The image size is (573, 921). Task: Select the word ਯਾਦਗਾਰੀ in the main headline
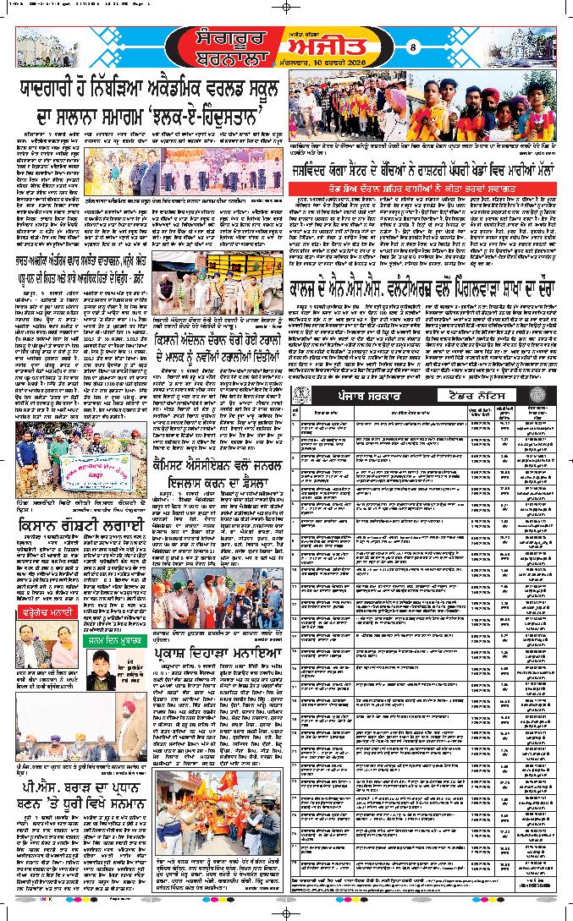62,90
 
